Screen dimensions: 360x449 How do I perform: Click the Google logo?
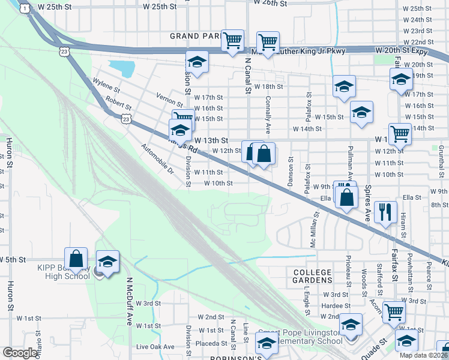pyautogui.click(x=20, y=353)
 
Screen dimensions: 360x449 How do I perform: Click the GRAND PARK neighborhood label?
pyautogui.click(x=195, y=36)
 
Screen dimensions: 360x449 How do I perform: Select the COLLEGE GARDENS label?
pyautogui.click(x=313, y=276)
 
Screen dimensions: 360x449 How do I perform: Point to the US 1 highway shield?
pyautogui.click(x=24, y=8)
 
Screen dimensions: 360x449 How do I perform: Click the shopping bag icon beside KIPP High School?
pyautogui.click(x=76, y=259)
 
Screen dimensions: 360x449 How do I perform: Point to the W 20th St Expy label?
pyautogui.click(x=403, y=52)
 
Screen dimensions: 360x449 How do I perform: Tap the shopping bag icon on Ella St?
pyautogui.click(x=346, y=196)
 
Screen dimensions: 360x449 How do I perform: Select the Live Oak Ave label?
pyautogui.click(x=155, y=347)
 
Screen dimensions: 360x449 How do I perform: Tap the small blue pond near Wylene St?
pyautogui.click(x=122, y=68)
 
